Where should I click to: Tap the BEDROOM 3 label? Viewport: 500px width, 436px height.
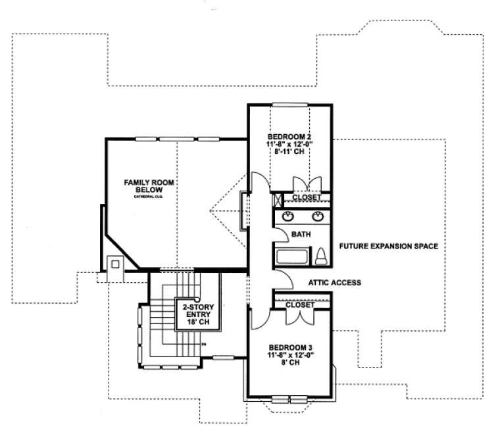[289, 347]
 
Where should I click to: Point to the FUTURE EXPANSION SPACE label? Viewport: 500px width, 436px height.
[388, 246]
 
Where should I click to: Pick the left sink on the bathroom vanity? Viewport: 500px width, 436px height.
[288, 216]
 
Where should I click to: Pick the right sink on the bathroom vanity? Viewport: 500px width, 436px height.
[318, 216]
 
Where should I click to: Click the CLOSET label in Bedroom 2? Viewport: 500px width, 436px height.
[307, 197]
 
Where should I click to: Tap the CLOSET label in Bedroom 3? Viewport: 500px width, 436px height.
[299, 305]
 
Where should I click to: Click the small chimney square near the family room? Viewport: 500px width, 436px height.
[115, 264]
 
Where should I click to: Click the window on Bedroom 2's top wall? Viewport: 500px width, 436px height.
[289, 104]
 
